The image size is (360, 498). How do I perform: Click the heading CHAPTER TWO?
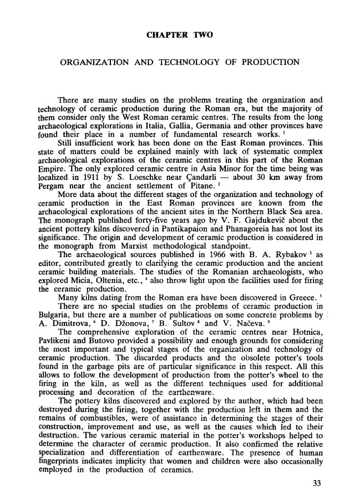[x=180, y=36]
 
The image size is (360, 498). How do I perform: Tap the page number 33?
[x=317, y=482]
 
